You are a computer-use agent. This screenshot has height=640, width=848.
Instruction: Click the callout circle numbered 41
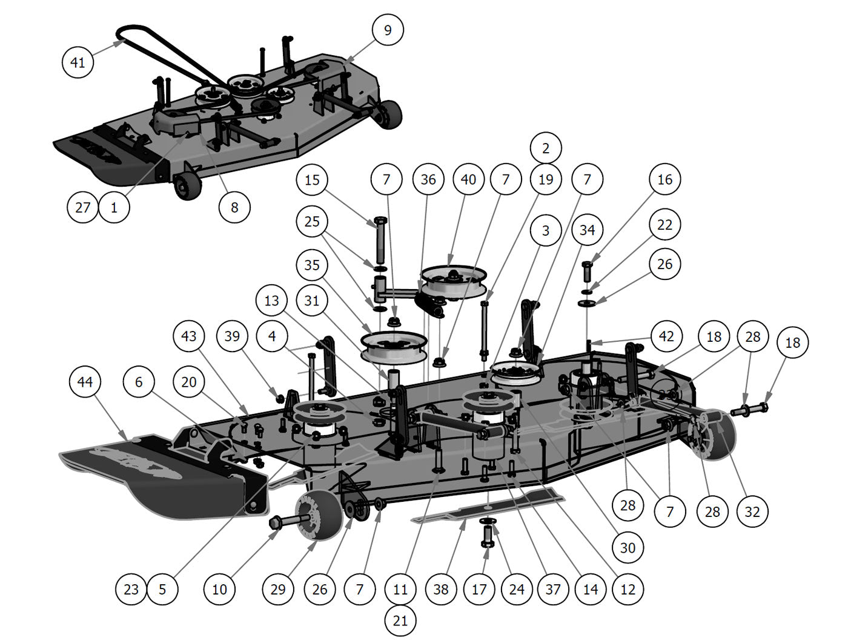click(x=78, y=62)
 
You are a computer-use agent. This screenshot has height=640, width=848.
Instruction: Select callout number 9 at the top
click(x=388, y=30)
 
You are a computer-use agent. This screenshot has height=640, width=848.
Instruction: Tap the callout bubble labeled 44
click(x=85, y=382)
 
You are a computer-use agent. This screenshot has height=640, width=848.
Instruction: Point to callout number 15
click(x=312, y=180)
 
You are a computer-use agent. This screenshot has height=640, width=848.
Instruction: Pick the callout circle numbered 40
click(x=468, y=179)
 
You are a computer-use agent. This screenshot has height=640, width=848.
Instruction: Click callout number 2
click(x=546, y=148)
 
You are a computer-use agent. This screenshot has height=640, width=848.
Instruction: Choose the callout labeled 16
click(x=664, y=179)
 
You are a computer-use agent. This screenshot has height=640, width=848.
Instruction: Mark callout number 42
click(x=666, y=336)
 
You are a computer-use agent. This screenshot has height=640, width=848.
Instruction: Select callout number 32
click(x=752, y=512)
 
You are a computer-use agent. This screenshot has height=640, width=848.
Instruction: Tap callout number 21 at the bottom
click(x=400, y=621)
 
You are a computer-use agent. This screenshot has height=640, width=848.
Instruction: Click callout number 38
click(x=441, y=589)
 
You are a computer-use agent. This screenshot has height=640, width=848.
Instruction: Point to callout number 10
click(x=219, y=589)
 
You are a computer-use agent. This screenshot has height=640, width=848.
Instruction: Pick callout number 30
click(x=628, y=548)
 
